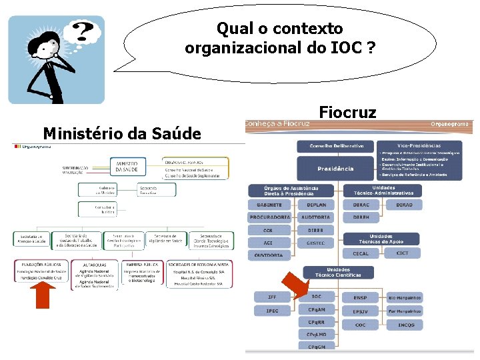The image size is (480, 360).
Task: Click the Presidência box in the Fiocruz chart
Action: tap(336, 168)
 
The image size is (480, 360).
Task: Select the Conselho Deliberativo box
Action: tap(336, 145)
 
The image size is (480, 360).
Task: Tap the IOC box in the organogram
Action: tap(317, 297)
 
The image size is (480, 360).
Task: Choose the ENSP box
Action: tap(360, 297)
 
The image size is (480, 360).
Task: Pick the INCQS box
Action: tap(406, 325)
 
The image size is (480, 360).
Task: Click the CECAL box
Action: tap(360, 253)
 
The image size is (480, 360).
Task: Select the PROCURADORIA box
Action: tap(269, 217)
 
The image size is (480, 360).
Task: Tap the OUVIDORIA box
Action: tap(269, 255)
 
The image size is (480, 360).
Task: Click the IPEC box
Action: tap(272, 311)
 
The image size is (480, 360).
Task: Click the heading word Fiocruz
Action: tap(347, 112)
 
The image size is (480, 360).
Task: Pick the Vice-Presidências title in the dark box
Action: tap(419, 145)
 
